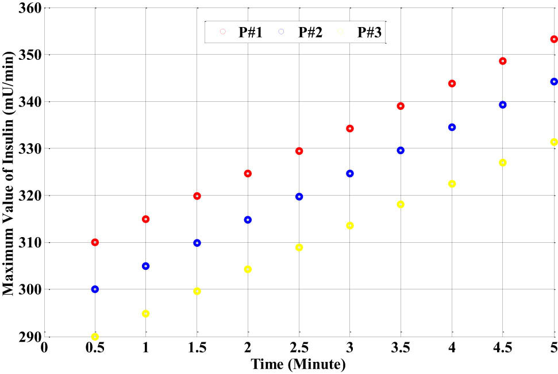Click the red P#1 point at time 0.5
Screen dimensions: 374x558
tap(95, 242)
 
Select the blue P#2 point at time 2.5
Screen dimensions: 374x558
tap(299, 197)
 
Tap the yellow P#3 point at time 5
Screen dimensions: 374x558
tap(554, 142)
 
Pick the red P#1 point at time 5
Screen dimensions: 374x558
tap(554, 39)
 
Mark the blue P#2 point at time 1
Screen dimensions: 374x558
tap(146, 266)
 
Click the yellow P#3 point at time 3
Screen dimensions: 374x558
tap(350, 226)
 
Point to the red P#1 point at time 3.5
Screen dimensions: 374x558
tap(401, 106)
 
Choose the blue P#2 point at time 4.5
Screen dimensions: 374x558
tap(503, 105)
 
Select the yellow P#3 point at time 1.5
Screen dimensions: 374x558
tap(197, 291)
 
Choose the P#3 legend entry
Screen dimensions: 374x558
tap(360, 32)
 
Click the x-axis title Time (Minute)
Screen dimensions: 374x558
tap(298, 365)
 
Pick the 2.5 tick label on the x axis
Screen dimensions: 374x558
tap(299, 349)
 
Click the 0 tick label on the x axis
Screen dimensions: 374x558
tap(44, 349)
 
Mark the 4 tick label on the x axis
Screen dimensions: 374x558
tap(452, 349)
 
